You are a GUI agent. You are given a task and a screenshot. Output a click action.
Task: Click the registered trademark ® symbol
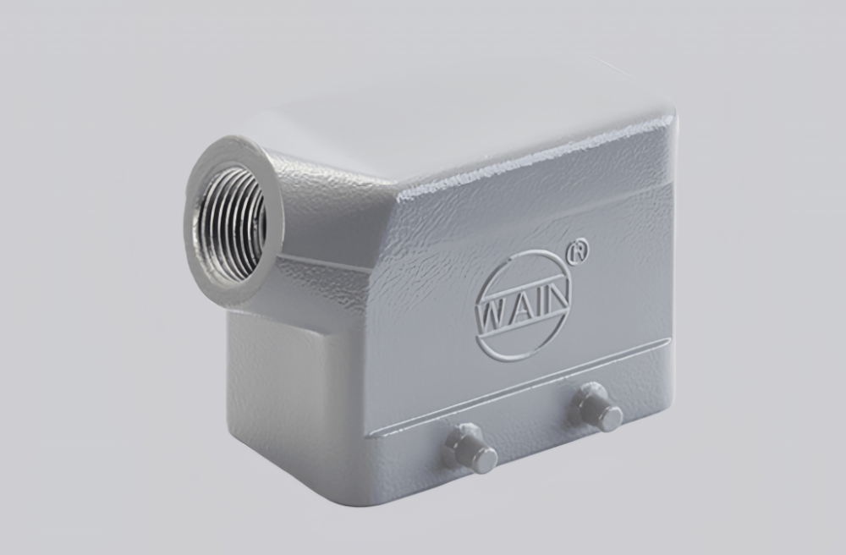tap(580, 251)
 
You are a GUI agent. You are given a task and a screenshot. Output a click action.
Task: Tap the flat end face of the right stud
tap(611, 418)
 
